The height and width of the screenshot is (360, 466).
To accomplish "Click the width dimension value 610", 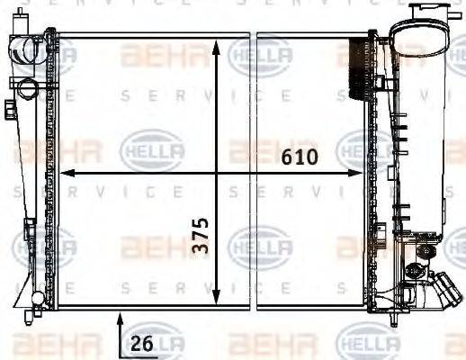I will [299, 157].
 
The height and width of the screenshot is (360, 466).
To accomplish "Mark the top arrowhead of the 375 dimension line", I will [217, 43].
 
